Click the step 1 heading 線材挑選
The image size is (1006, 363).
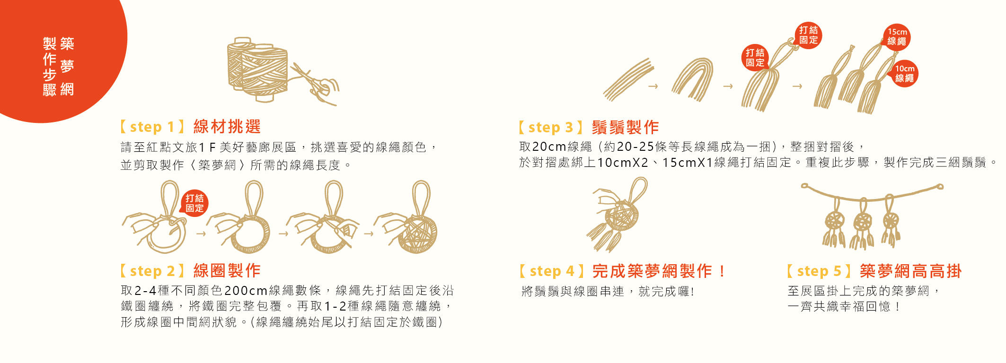[227, 127]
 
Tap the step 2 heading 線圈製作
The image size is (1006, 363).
[227, 270]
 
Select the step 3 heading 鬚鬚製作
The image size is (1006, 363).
[625, 127]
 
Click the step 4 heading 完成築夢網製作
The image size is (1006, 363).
[658, 271]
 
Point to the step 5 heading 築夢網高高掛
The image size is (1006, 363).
[910, 271]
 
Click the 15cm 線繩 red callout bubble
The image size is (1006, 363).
[897, 37]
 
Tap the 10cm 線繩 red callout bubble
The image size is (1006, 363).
[904, 73]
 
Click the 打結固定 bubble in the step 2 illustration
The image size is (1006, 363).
[194, 203]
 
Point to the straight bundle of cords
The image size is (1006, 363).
[627, 79]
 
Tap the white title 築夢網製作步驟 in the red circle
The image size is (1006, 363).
[58, 66]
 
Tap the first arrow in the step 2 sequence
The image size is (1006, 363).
[201, 233]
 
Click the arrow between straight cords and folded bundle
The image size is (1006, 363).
[653, 86]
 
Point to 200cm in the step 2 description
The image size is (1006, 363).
[246, 290]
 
